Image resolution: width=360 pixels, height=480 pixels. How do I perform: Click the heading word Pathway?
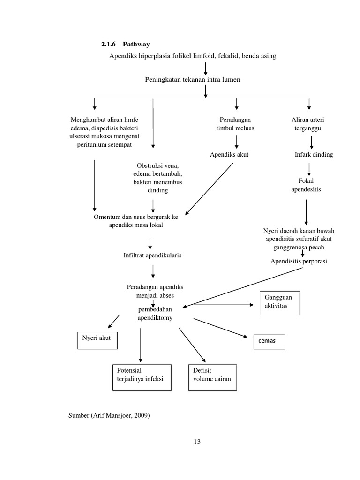[136, 45]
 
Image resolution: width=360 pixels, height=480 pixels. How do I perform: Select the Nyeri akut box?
[97, 341]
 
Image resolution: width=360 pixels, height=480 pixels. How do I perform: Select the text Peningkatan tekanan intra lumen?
[192, 80]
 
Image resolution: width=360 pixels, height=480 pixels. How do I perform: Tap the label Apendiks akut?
[229, 154]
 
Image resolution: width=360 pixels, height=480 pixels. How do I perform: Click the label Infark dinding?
[314, 154]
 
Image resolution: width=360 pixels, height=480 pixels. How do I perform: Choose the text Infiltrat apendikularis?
[152, 255]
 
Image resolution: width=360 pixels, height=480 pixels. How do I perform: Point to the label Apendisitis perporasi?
[299, 261]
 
